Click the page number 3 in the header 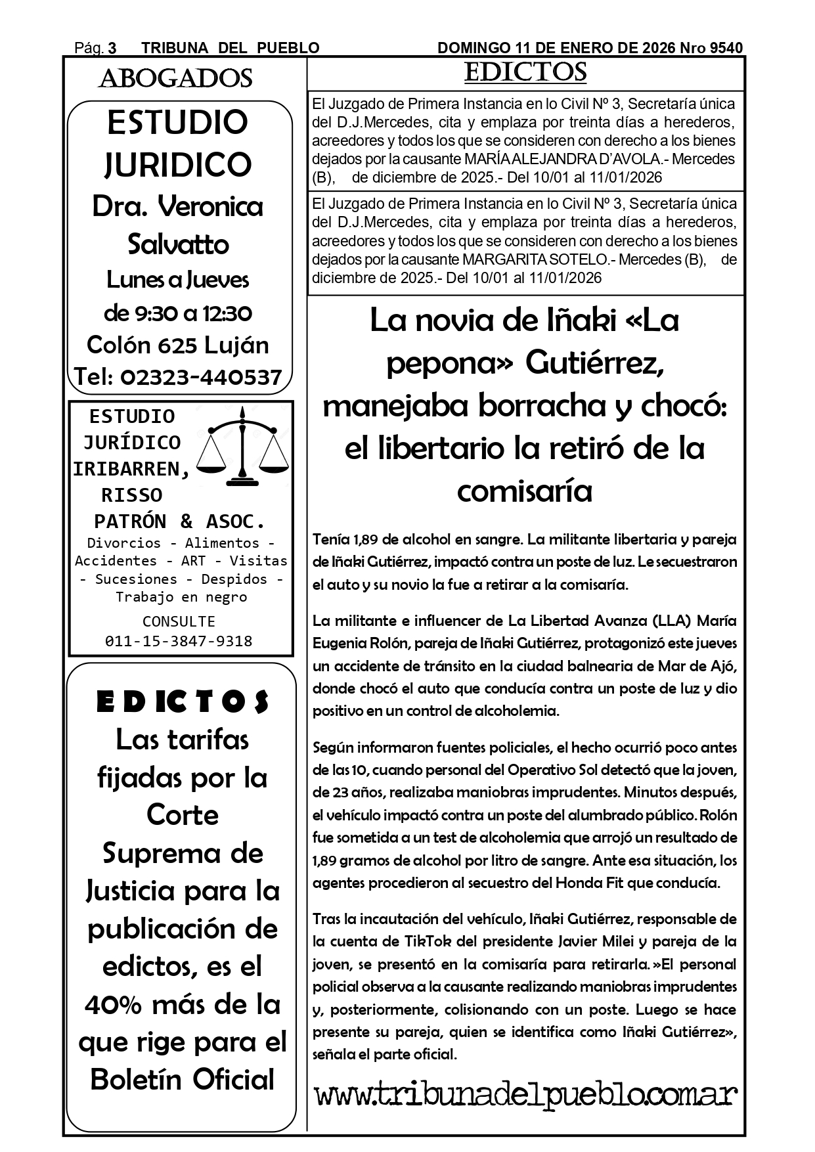tap(112, 48)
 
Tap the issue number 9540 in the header tap(726, 48)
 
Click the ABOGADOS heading tap(175, 79)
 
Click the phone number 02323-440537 tap(201, 377)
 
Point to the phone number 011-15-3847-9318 tap(179, 641)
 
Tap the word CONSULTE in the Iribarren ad tap(179, 621)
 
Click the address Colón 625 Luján tap(178, 345)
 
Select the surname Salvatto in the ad tap(178, 244)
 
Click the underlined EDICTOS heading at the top tap(525, 73)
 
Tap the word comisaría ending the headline tap(524, 491)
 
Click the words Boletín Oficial tap(183, 1079)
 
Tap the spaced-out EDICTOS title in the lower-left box tap(183, 702)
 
